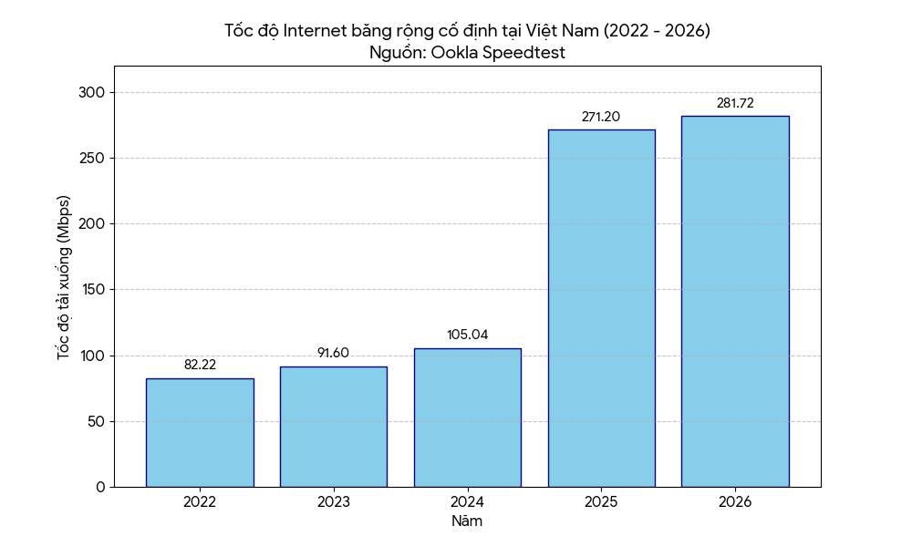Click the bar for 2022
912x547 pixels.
[200, 432]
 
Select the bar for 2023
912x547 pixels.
[334, 427]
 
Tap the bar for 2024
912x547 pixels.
[468, 418]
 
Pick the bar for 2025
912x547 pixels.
[601, 308]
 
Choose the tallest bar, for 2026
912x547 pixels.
[735, 301]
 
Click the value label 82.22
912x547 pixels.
[200, 365]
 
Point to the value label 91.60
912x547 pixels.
[333, 353]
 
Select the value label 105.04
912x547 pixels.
[468, 335]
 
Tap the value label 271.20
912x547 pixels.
[601, 117]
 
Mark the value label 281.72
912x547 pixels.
[735, 103]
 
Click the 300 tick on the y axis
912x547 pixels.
[92, 92]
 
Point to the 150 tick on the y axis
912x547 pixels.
[92, 290]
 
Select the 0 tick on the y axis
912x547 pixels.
[101, 487]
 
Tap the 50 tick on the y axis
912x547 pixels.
[97, 421]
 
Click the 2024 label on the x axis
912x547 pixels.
[467, 501]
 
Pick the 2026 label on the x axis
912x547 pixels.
[735, 501]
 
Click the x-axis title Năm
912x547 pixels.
[467, 521]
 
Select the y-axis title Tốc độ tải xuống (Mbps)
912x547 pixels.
[64, 277]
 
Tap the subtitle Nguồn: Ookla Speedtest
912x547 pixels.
[467, 52]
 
